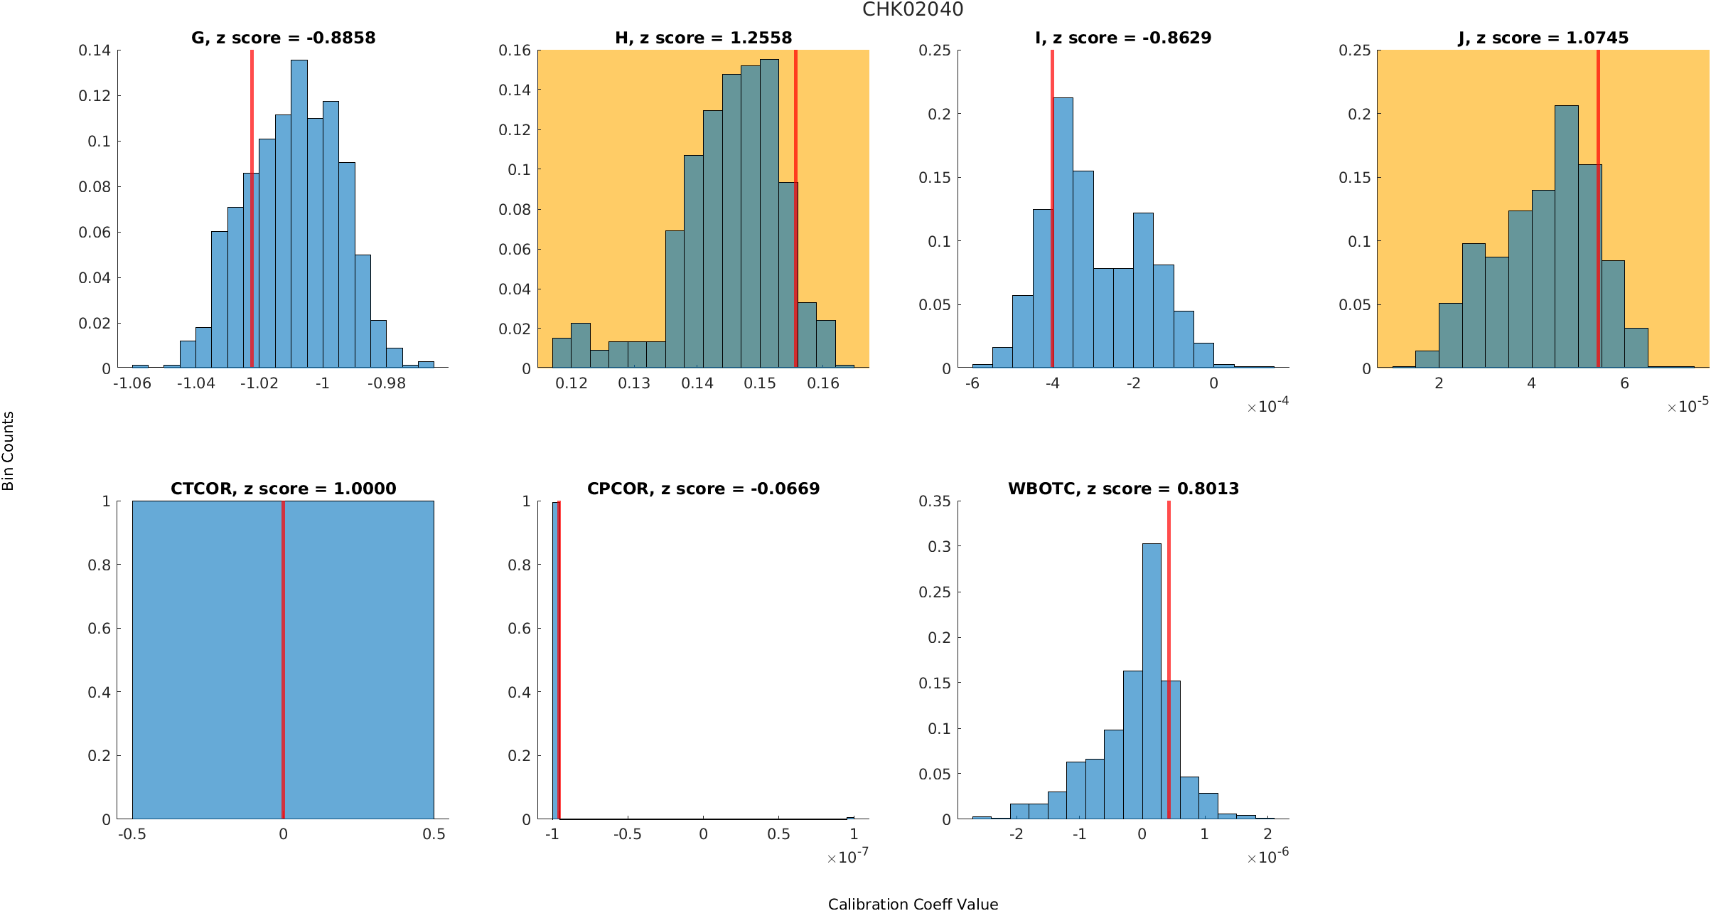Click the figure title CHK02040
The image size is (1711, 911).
(x=913, y=9)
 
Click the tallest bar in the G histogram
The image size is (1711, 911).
(x=299, y=214)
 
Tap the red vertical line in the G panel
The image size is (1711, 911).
(x=252, y=209)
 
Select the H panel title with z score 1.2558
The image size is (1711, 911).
(x=703, y=38)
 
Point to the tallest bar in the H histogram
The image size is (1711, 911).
(x=769, y=213)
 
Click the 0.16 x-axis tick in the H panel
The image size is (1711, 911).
(x=823, y=383)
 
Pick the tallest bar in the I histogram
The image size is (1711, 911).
(x=1063, y=233)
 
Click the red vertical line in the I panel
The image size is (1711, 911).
(x=1052, y=209)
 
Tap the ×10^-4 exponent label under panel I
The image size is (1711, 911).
(x=1268, y=405)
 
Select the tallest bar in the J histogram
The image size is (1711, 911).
(x=1567, y=237)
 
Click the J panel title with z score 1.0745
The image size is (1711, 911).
(x=1543, y=38)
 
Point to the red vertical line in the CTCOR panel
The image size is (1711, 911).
(x=283, y=660)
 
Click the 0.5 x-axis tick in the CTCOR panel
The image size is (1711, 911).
(x=434, y=834)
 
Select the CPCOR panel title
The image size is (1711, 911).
(x=703, y=489)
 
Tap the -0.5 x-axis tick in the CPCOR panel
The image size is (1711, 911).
(x=628, y=834)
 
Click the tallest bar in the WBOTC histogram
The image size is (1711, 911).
(x=1152, y=681)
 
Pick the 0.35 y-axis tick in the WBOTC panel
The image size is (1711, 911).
(x=935, y=501)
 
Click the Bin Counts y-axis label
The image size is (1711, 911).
(x=9, y=451)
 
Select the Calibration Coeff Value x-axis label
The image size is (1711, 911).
(x=913, y=903)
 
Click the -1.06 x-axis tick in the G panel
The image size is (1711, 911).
(x=132, y=383)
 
